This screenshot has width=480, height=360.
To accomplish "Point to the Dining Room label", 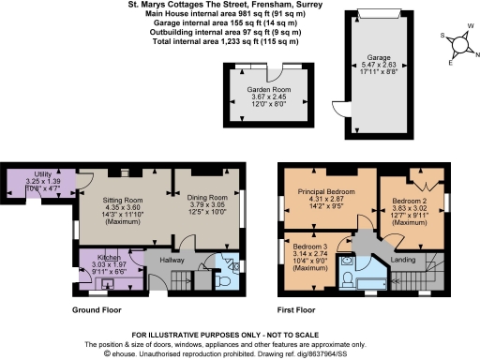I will (204, 198).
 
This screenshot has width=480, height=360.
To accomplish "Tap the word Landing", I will (403, 259).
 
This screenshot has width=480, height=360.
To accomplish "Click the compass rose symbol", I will (457, 45).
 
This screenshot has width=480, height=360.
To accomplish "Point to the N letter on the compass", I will (476, 54).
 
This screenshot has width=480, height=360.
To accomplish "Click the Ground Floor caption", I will (97, 308).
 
